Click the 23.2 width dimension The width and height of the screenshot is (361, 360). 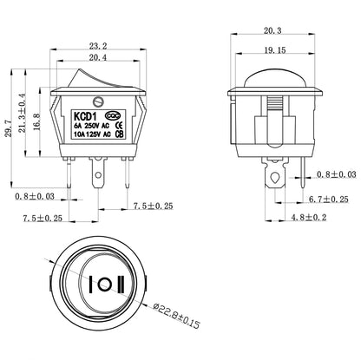click(98, 45)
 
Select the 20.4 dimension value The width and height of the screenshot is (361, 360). click(97, 57)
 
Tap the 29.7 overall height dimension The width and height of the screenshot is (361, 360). click(9, 128)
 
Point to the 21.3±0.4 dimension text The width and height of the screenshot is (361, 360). click(22, 113)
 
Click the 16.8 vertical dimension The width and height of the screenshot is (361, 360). click(36, 121)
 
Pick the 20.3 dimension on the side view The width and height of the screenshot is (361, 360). click(272, 30)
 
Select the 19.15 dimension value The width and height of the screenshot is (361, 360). click(275, 50)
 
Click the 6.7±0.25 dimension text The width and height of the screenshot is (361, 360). click(329, 200)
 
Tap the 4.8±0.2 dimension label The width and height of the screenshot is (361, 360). click(309, 217)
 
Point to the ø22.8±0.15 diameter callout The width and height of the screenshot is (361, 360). click(176, 315)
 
